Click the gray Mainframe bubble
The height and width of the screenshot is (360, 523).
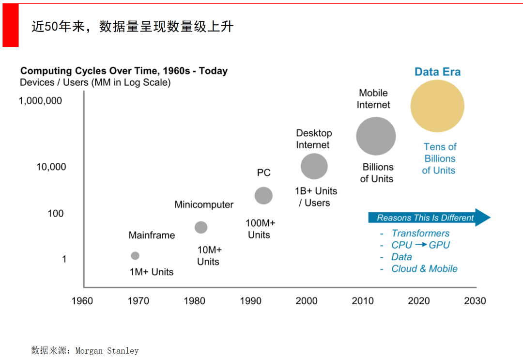tap(135, 256)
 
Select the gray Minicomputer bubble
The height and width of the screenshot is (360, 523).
tap(201, 227)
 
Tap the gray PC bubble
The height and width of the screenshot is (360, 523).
tap(263, 196)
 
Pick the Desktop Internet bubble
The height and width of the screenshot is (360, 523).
tap(314, 167)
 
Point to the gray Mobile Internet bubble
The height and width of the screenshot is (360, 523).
tap(376, 136)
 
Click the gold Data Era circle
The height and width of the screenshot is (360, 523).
tap(437, 106)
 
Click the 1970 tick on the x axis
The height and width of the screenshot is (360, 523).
tap(138, 301)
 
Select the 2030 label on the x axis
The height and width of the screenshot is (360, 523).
tap(475, 301)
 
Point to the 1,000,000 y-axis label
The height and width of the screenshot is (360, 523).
tap(40, 101)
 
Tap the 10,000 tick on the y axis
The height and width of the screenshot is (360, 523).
tap(51, 167)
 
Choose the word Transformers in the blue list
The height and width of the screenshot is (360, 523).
tap(420, 233)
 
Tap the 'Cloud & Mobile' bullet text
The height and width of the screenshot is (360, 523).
tap(424, 268)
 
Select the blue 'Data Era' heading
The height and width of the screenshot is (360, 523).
tap(437, 72)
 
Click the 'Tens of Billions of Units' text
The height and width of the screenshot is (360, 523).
tap(439, 158)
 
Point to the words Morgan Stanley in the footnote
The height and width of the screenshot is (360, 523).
tap(107, 350)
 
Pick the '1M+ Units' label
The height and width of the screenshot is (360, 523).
tap(151, 272)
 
